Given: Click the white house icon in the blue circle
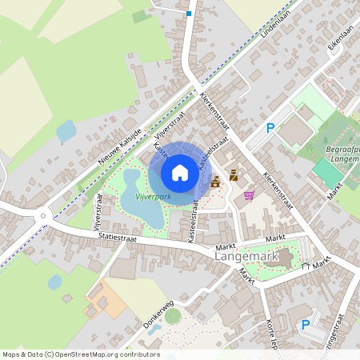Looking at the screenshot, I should (180, 172).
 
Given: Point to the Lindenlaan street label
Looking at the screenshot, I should (274, 25).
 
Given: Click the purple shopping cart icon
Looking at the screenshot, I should (250, 194).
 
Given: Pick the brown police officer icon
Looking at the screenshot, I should (234, 175).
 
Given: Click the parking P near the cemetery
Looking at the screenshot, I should (270, 128).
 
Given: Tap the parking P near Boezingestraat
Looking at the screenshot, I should (304, 325).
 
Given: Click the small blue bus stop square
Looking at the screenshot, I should (189, 14).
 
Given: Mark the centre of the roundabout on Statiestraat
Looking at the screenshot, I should (45, 214).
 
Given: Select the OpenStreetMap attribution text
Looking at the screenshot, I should (80, 354).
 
